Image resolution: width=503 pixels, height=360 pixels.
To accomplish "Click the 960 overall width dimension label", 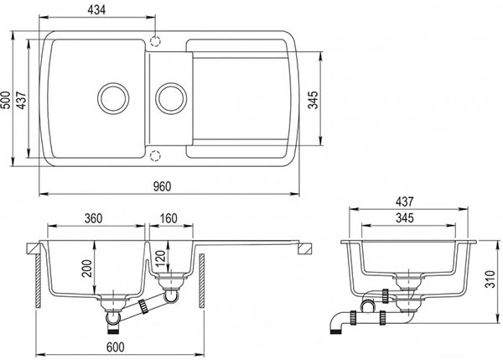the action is click(x=162, y=186).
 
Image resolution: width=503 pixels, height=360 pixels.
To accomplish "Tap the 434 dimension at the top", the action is click(x=96, y=10).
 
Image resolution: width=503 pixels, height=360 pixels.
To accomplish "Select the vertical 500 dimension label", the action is click(x=6, y=100).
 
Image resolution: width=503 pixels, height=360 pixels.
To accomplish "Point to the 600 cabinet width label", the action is click(x=115, y=347).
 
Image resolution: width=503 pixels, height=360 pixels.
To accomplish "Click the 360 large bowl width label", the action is click(x=93, y=218).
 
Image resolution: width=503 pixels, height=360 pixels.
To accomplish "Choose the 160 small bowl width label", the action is click(x=169, y=218).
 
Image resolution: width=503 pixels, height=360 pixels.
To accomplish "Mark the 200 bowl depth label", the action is click(x=87, y=269).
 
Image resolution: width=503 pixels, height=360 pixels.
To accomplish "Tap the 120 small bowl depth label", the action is click(x=160, y=258).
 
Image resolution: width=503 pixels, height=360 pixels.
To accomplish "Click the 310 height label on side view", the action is click(x=490, y=279).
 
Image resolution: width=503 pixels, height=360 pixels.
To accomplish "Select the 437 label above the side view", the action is click(x=405, y=201).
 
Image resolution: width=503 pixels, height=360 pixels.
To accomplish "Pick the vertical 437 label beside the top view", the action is click(x=22, y=100).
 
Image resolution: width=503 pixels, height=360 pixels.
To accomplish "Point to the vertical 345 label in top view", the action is click(x=314, y=100).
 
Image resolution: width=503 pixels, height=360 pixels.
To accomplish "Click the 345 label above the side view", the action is click(x=405, y=218).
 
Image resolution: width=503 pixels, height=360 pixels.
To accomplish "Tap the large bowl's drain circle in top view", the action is click(x=113, y=83).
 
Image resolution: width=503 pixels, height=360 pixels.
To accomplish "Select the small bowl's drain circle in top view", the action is click(x=171, y=83).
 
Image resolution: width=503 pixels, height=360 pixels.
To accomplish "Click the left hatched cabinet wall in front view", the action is click(x=38, y=281).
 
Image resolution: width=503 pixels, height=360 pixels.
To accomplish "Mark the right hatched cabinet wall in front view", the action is click(x=202, y=281).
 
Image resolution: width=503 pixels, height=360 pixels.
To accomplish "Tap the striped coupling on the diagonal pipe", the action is click(x=143, y=306).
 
